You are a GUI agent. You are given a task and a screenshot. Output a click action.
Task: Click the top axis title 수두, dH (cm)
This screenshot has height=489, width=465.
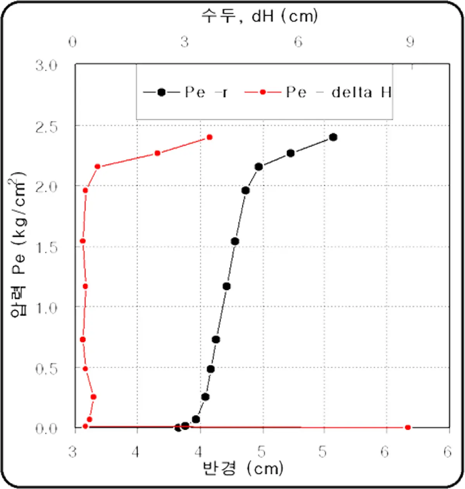click(x=259, y=16)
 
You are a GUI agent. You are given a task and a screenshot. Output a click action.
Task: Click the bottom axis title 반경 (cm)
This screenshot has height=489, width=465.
click(x=243, y=468)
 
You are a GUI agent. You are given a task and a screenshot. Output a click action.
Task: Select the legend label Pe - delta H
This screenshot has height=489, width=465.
click(x=339, y=92)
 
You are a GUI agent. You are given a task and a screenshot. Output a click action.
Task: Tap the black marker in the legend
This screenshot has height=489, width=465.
click(x=162, y=92)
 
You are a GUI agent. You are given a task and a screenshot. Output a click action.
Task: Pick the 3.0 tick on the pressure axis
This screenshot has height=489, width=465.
click(x=46, y=65)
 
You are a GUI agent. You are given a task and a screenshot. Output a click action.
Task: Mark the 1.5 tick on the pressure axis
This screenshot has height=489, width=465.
click(x=46, y=247)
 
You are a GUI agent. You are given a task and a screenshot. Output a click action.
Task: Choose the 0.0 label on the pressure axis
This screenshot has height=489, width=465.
click(x=46, y=428)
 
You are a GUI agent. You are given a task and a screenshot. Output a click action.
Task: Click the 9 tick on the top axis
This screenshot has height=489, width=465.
click(x=410, y=42)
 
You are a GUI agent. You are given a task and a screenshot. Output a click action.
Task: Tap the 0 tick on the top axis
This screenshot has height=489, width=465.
click(x=73, y=42)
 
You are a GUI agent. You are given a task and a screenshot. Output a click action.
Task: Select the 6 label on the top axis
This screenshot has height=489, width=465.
click(x=298, y=42)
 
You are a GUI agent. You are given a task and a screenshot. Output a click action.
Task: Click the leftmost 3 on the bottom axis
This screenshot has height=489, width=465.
click(x=73, y=451)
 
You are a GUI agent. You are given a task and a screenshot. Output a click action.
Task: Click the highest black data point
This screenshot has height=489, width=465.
click(x=333, y=137)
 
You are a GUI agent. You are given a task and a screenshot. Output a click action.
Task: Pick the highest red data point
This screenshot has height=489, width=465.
click(x=210, y=137)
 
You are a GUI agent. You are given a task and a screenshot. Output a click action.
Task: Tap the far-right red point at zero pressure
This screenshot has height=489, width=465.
click(x=408, y=427)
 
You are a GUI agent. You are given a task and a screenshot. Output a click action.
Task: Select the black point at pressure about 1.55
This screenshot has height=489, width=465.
click(x=235, y=241)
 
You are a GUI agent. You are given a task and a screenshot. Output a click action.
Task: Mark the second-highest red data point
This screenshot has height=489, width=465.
click(x=157, y=153)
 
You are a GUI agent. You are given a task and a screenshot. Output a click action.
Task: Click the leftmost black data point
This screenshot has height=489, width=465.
click(x=178, y=427)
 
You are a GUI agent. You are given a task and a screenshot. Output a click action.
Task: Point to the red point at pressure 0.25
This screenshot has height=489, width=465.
click(x=93, y=397)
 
